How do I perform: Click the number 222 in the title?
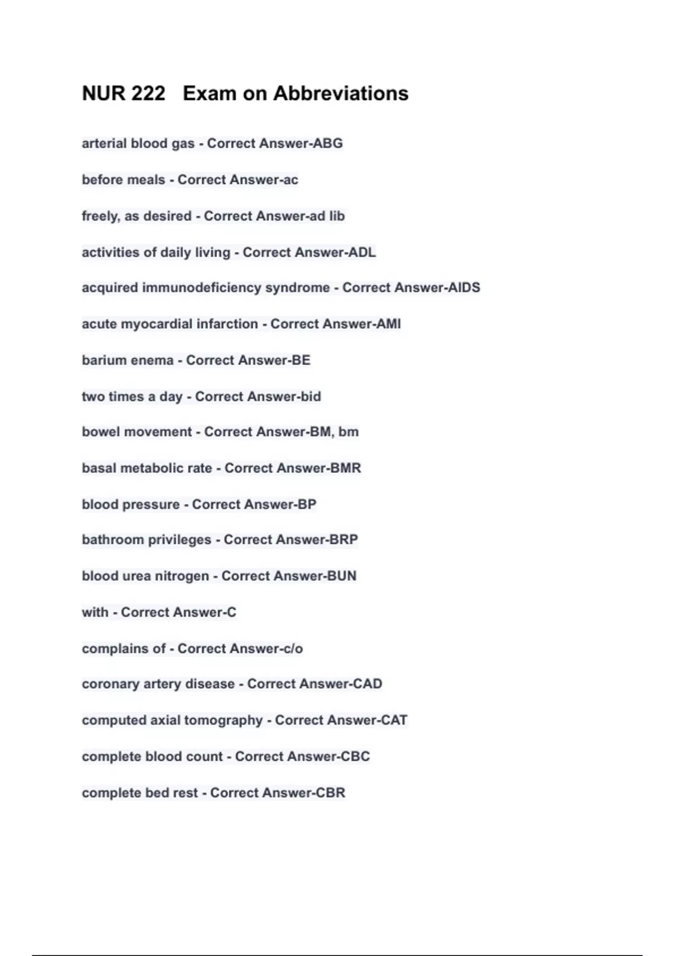pyautogui.click(x=148, y=93)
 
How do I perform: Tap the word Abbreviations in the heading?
pyautogui.click(x=341, y=93)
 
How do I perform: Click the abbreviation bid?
pyautogui.click(x=310, y=396)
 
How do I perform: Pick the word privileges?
pyautogui.click(x=178, y=540)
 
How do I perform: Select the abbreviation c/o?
pyautogui.click(x=291, y=648)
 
